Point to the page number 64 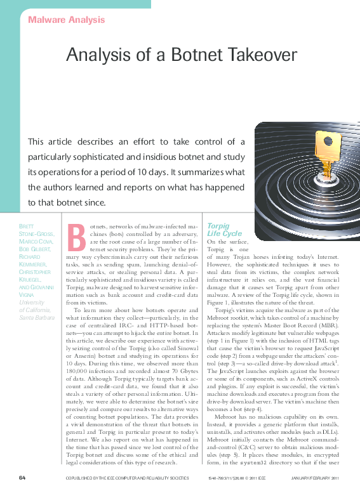coord(22,477)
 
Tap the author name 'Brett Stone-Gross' coord(36,230)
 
